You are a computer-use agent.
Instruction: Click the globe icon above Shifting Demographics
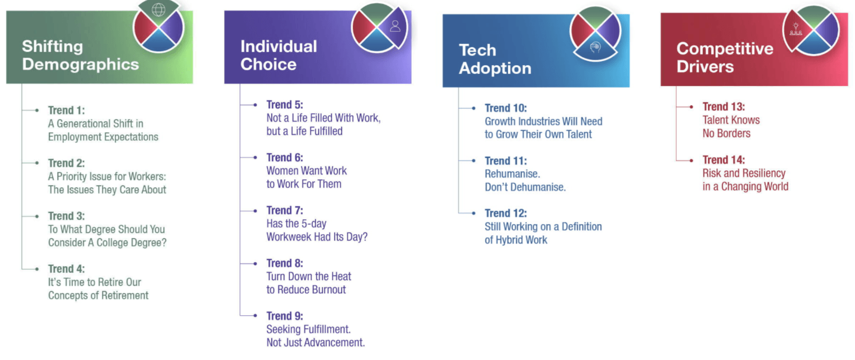(158, 10)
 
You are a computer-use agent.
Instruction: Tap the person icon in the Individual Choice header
(395, 26)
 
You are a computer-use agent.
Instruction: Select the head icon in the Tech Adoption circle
(595, 47)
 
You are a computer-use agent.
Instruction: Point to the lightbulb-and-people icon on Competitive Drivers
(796, 29)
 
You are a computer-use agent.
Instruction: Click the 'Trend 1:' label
(67, 110)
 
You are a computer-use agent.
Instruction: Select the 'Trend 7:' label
(285, 210)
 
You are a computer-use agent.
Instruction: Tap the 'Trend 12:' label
(506, 213)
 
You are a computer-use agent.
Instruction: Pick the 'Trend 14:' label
(724, 159)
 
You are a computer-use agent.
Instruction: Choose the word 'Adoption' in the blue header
(495, 68)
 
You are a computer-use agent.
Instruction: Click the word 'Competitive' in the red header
(725, 49)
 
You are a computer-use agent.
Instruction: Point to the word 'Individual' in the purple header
(278, 46)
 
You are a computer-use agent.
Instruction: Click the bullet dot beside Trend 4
(37, 269)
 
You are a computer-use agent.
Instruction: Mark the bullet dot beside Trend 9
(255, 316)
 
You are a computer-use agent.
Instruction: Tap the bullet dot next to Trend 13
(691, 107)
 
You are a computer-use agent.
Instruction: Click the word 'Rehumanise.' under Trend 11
(512, 174)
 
